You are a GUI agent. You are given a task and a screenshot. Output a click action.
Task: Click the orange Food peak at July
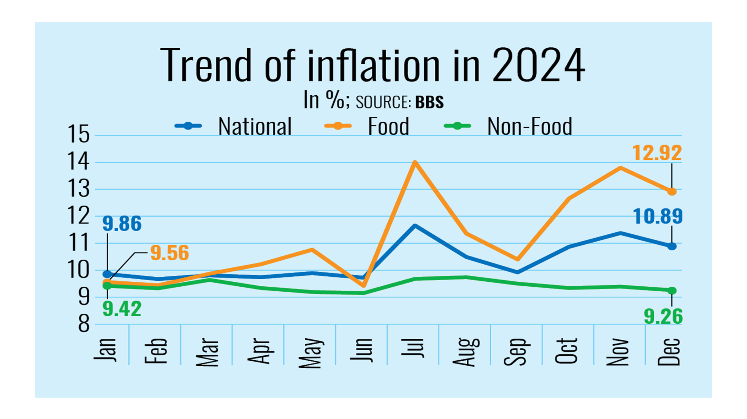(415, 163)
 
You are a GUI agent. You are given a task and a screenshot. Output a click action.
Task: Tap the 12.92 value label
(657, 153)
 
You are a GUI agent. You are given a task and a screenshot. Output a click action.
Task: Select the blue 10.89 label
(658, 216)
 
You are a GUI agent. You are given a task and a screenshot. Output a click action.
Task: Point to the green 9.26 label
(663, 316)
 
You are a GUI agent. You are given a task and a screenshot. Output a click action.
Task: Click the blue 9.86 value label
(122, 224)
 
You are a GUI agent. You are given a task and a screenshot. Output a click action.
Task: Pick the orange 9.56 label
(169, 253)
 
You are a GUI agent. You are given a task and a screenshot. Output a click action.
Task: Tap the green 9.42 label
(122, 308)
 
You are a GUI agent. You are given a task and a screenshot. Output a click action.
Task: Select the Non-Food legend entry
(529, 126)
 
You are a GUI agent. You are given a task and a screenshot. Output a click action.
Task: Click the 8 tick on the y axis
(84, 324)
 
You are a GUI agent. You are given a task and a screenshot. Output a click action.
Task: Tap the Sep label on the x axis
(516, 351)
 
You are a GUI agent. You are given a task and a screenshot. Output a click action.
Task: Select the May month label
(311, 352)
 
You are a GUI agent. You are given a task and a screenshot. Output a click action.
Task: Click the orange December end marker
(672, 192)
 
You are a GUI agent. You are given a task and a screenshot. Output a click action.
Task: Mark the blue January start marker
(107, 274)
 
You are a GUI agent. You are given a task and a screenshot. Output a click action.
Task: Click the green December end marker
(672, 291)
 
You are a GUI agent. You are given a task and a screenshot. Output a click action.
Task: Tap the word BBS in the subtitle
(429, 102)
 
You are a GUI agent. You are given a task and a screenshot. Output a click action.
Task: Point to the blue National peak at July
(415, 226)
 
